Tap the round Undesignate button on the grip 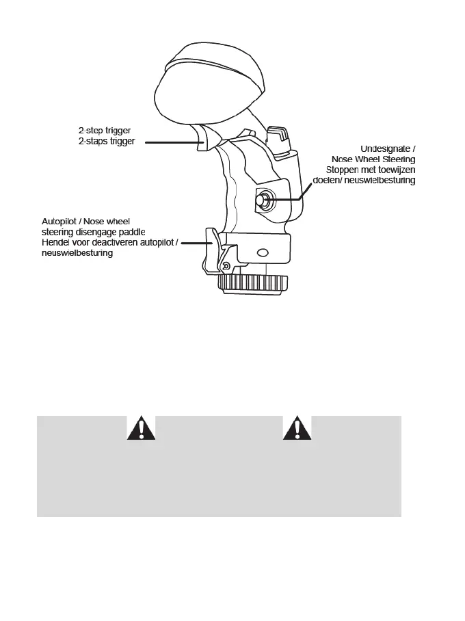(x=263, y=200)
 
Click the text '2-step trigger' (x=104, y=129)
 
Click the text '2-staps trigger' (x=106, y=141)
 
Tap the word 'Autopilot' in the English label (x=61, y=222)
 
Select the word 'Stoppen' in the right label (x=344, y=170)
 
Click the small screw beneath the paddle (x=226, y=265)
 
